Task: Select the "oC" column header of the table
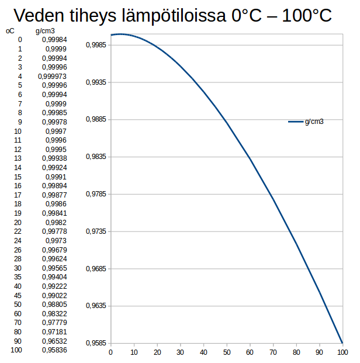(x=11, y=30)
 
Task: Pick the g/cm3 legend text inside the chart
(x=314, y=122)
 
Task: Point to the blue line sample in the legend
(x=295, y=122)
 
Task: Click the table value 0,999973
(x=52, y=76)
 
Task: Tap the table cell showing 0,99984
(x=54, y=40)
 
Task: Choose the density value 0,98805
(x=54, y=304)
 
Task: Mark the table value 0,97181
(x=54, y=331)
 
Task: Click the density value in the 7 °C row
(x=57, y=103)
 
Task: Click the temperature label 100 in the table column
(x=16, y=350)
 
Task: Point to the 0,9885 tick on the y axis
(x=95, y=120)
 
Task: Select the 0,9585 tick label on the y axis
(x=95, y=343)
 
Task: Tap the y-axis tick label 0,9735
(x=95, y=231)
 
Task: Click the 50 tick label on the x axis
(x=227, y=352)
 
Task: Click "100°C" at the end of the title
(x=307, y=16)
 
